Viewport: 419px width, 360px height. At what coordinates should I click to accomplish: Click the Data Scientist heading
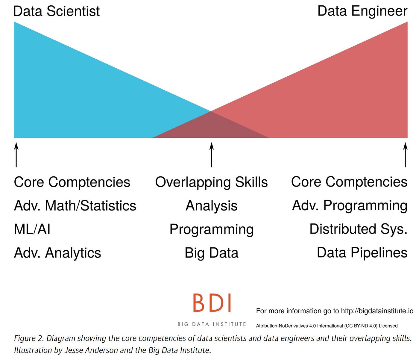56,11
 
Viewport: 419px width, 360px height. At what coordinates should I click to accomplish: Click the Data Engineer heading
362,11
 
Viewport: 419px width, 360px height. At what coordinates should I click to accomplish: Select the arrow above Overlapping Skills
212,155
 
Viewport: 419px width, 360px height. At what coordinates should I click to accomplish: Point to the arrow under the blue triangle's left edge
16,155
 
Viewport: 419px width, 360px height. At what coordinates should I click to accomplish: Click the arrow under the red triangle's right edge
405,155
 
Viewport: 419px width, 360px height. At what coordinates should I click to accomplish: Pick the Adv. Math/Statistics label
75,206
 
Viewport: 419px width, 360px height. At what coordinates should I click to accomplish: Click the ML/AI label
32,229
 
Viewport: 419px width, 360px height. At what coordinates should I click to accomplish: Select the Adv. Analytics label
57,253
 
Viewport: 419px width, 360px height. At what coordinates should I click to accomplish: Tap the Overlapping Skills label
211,182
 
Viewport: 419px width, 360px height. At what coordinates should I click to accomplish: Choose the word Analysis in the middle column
211,206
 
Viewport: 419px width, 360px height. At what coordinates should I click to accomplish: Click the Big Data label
211,253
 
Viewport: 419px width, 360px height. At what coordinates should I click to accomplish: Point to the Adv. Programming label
350,206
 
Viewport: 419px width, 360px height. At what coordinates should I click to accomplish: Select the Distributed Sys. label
358,229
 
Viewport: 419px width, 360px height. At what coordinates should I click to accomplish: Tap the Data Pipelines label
362,252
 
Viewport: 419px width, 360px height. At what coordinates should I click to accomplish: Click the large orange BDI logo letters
212,303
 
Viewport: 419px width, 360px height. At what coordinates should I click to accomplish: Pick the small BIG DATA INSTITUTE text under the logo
212,324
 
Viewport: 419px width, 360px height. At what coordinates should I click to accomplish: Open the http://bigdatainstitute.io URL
377,311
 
